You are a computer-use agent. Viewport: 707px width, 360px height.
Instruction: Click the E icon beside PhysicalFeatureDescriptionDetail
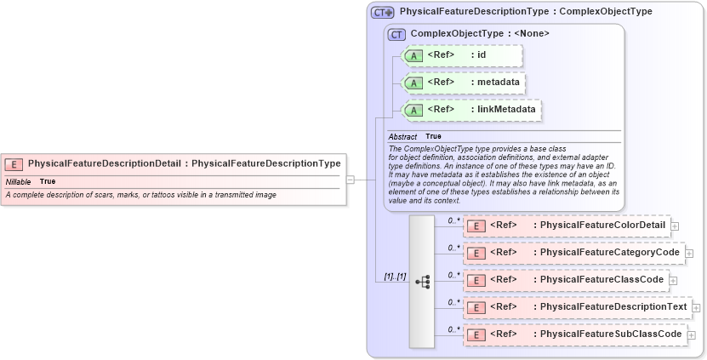coord(14,164)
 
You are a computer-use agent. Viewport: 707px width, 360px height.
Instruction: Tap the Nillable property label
coord(18,181)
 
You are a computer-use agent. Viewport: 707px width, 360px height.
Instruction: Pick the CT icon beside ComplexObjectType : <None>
coord(396,34)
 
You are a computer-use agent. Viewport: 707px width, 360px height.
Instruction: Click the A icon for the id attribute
coord(414,56)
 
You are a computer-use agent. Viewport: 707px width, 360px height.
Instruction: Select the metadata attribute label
coord(499,83)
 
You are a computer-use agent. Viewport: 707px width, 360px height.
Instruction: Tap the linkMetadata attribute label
coord(506,109)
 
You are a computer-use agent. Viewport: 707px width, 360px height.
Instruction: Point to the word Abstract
coord(402,136)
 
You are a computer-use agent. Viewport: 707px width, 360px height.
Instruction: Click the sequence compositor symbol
coord(422,281)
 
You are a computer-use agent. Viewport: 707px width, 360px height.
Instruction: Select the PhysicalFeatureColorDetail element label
coord(603,226)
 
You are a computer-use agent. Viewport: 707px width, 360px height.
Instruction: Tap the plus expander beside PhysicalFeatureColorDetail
coord(675,226)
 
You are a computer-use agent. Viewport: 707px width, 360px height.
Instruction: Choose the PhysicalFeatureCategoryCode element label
coord(610,252)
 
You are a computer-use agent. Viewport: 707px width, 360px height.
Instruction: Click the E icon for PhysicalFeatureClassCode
coord(476,280)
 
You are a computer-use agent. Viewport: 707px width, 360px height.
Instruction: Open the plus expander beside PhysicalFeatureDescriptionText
coord(696,307)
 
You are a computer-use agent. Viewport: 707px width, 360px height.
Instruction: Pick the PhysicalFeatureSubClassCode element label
coord(612,334)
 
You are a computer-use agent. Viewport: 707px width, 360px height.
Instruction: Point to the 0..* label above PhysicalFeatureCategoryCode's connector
coord(453,248)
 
